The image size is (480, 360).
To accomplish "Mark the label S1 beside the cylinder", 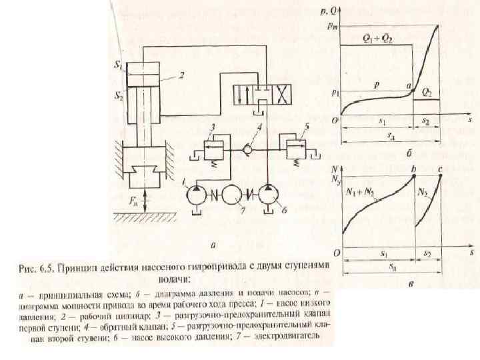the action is [x=118, y=66].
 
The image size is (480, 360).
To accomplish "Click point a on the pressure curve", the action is [x=413, y=89].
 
